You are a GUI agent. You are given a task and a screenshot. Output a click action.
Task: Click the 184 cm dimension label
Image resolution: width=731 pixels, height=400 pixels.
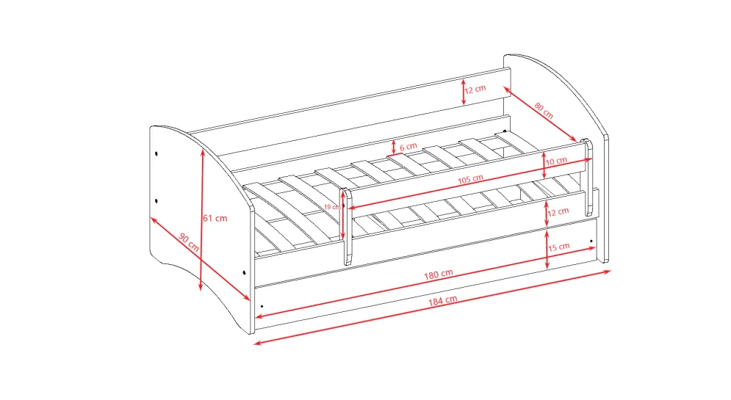pos(442,300)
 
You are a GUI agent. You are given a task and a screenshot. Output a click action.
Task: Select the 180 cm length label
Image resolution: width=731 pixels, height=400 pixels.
pos(438,274)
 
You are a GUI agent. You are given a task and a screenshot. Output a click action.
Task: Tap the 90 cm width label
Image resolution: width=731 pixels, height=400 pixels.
pos(189,242)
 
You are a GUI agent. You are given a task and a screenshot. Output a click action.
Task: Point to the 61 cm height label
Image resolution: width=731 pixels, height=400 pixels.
pos(215,218)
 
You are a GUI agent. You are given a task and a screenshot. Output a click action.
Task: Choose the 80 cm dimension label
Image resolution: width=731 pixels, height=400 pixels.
pos(544,110)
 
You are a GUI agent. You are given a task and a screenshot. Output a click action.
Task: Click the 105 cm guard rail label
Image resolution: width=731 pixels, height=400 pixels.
pos(470,179)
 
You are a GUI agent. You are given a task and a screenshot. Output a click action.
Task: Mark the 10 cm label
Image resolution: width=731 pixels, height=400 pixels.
pos(556,161)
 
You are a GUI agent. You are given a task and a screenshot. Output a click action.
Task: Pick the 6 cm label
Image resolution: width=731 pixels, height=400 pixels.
pos(408,147)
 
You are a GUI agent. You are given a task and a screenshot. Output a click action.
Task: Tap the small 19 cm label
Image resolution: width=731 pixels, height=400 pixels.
pos(332,207)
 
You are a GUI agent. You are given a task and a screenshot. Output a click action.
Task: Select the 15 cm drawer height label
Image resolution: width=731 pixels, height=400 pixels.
pos(558,247)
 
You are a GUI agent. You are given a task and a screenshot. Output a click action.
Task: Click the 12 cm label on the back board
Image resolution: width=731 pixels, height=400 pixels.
pos(475,89)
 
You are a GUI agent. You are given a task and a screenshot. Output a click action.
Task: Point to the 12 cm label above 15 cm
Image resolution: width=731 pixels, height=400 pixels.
pos(558,212)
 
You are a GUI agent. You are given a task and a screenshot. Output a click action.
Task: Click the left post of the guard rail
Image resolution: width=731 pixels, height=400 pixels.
pos(348,228)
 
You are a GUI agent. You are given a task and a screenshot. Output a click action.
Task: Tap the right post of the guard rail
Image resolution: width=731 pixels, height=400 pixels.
pos(588,177)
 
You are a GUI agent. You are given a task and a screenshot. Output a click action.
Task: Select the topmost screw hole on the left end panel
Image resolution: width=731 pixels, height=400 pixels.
pos(156,153)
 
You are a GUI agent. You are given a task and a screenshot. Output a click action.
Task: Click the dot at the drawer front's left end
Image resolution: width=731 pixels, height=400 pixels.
pos(262,306)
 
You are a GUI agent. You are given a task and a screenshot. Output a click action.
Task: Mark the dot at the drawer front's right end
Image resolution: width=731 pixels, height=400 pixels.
pos(591,241)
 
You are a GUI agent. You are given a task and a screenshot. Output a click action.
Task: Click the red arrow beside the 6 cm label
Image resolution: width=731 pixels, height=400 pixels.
pos(394,147)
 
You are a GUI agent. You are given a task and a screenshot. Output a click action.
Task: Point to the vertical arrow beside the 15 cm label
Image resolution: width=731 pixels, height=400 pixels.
pos(547,250)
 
